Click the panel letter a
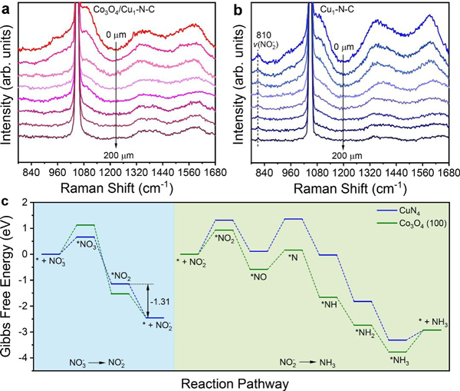pyautogui.click(x=7, y=7)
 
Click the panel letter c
pyautogui.click(x=6, y=201)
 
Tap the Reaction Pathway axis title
pyautogui.click(x=246, y=382)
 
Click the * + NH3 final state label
pyautogui.click(x=434, y=321)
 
